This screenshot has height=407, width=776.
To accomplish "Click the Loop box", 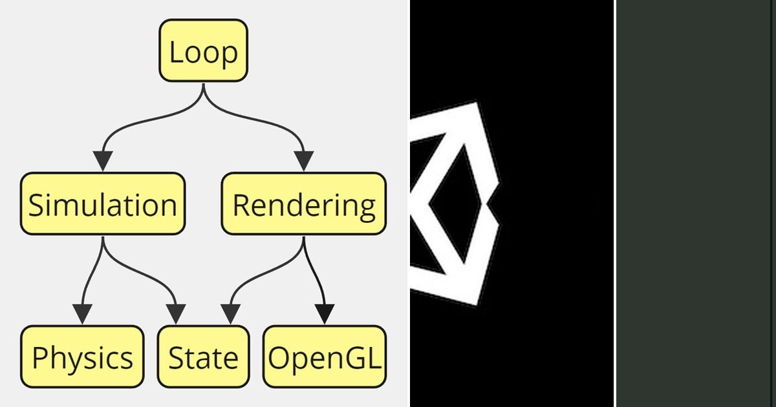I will click(204, 51).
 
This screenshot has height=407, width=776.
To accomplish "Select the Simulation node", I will click(103, 203).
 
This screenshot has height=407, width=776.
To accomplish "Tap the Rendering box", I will click(303, 203).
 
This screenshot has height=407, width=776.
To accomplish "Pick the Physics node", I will click(82, 357).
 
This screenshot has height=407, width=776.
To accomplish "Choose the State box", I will click(203, 357).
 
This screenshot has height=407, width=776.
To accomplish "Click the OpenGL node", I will click(324, 357).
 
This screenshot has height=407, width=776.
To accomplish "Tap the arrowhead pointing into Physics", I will click(82, 315).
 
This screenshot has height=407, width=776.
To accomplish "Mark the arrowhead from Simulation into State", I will click(176, 315).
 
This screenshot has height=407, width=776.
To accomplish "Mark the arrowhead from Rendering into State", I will click(230, 315).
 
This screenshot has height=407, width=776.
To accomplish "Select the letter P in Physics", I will click(40, 357).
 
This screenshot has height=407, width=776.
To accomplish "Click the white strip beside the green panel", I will click(614, 203).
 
